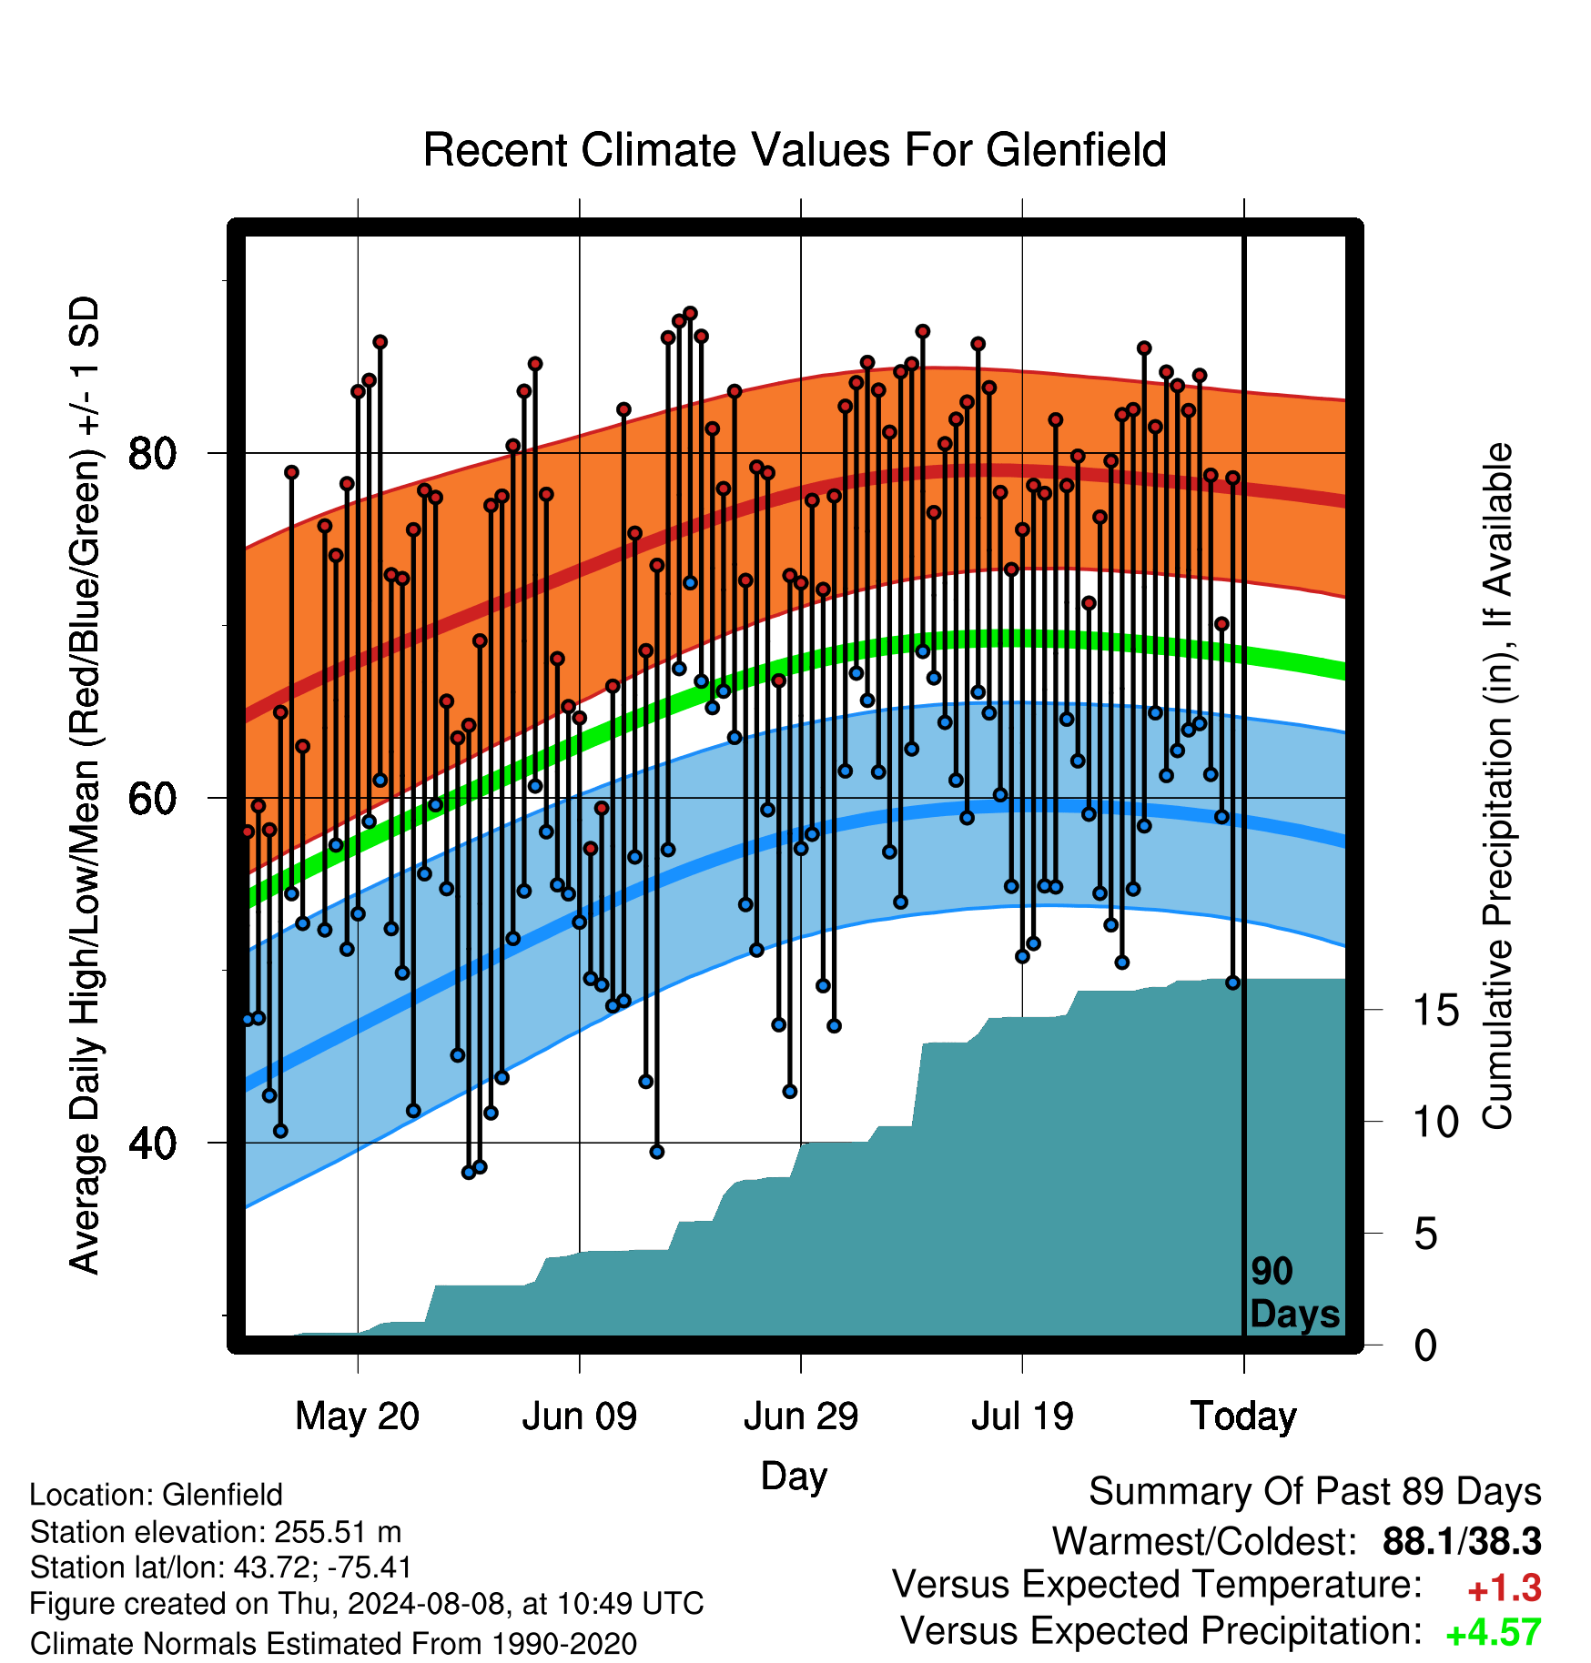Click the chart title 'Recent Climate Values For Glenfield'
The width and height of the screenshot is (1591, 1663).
pos(795,150)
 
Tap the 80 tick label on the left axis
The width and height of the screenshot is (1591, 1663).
pos(153,453)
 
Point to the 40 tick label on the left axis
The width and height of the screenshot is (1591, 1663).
pos(153,1143)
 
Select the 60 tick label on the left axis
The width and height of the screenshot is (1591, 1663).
pos(153,798)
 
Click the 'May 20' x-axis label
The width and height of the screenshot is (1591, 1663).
pos(358,1416)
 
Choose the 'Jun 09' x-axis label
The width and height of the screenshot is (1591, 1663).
pos(580,1416)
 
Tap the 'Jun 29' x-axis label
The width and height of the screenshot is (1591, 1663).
pos(801,1416)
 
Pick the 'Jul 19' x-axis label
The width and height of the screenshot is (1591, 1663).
pos(1022,1416)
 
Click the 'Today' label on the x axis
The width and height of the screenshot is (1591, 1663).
pos(1244,1416)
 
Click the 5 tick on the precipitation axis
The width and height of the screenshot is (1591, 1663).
pos(1426,1234)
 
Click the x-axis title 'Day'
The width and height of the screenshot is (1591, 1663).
pos(794,1476)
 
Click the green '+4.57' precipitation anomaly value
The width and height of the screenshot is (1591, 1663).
pos(1494,1632)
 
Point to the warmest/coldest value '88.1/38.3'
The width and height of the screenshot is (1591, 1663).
pos(1462,1541)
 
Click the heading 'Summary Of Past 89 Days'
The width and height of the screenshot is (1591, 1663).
pos(1315,1492)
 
